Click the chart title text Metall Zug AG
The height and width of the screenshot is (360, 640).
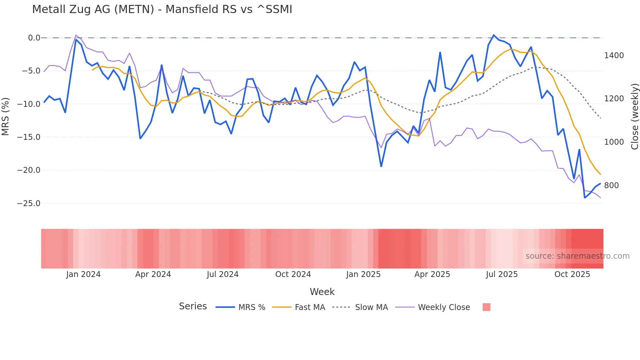pyautogui.click(x=162, y=9)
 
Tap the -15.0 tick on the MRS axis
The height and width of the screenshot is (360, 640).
pyautogui.click(x=29, y=137)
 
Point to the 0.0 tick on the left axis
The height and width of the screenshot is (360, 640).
pyautogui.click(x=34, y=38)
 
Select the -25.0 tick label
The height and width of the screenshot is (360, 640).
pyautogui.click(x=29, y=204)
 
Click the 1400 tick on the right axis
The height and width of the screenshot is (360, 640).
pyautogui.click(x=614, y=56)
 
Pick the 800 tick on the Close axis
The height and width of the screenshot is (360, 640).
pyautogui.click(x=611, y=186)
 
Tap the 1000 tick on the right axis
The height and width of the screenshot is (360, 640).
pyautogui.click(x=614, y=142)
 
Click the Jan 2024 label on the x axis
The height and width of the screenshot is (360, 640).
pyautogui.click(x=83, y=274)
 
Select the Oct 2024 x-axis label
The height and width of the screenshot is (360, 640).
pyautogui.click(x=293, y=274)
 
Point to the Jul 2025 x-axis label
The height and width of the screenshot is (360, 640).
pyautogui.click(x=502, y=274)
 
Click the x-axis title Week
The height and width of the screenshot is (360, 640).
pyautogui.click(x=322, y=292)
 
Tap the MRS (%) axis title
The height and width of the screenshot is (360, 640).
pyautogui.click(x=5, y=116)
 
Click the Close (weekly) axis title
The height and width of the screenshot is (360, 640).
pyautogui.click(x=634, y=117)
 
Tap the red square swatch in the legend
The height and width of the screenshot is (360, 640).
pyautogui.click(x=486, y=307)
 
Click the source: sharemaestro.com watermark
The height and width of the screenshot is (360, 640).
pyautogui.click(x=577, y=256)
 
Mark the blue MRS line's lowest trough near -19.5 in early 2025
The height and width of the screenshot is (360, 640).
pyautogui.click(x=381, y=166)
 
